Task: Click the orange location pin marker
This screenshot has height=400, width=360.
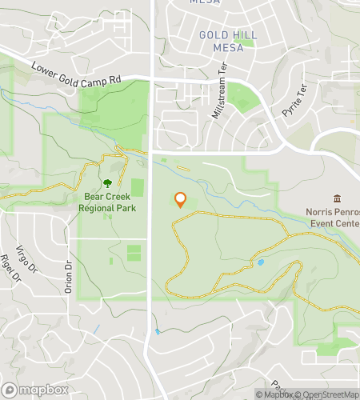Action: pyautogui.click(x=180, y=200)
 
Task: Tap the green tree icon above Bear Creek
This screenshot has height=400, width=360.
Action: pyautogui.click(x=107, y=183)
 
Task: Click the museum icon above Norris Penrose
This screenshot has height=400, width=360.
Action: pyautogui.click(x=336, y=198)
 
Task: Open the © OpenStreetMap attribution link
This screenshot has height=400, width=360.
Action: pyautogui.click(x=329, y=394)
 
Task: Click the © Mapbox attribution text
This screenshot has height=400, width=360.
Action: pyautogui.click(x=274, y=394)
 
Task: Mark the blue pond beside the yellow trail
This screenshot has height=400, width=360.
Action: pyautogui.click(x=260, y=262)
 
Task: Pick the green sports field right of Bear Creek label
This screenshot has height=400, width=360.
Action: pyautogui.click(x=138, y=187)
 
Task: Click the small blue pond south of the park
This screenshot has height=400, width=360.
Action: pyautogui.click(x=158, y=331)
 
